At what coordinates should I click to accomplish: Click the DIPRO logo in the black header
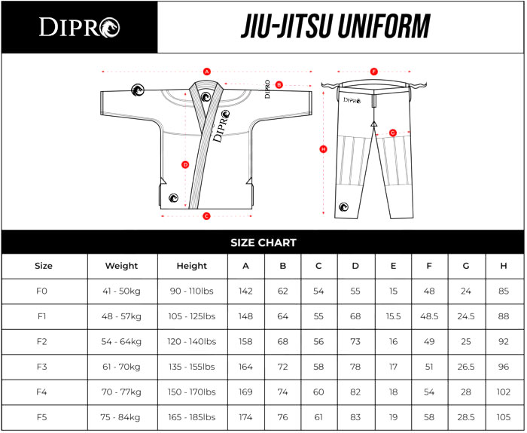79,27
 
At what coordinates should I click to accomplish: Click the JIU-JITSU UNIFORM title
336,26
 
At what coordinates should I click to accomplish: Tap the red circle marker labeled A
207,72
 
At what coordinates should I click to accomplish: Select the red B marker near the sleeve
279,84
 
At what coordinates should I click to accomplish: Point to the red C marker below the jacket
207,216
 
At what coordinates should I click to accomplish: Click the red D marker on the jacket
185,165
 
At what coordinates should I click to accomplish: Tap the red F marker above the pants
373,72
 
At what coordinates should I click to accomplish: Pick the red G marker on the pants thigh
392,133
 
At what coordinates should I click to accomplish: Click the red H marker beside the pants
323,149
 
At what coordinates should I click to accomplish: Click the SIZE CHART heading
263,242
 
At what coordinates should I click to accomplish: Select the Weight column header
122,266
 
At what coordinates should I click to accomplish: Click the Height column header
192,266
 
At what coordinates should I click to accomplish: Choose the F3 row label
41,367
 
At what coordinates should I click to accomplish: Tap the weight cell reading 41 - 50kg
121,291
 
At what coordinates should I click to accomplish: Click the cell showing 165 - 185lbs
192,417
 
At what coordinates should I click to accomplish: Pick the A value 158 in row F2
245,342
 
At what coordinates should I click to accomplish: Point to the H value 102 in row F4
504,392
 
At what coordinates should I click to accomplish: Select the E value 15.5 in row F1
393,316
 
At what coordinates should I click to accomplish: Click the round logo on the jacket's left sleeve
138,90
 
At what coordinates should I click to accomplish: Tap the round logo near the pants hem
343,207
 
